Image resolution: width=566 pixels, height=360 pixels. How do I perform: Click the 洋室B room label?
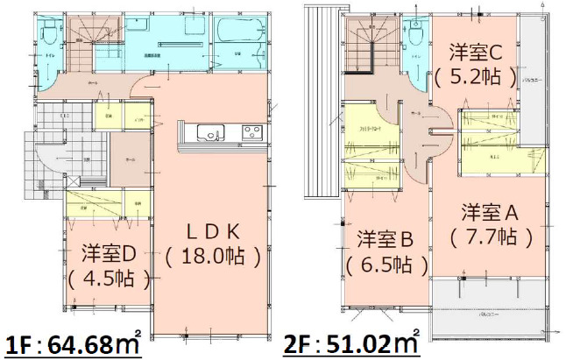click(x=386, y=237)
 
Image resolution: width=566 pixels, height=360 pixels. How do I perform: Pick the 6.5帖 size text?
click(x=386, y=264)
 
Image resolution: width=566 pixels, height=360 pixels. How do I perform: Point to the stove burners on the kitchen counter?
click(x=251, y=132)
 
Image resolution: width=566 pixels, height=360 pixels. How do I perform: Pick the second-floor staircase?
click(x=368, y=44)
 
